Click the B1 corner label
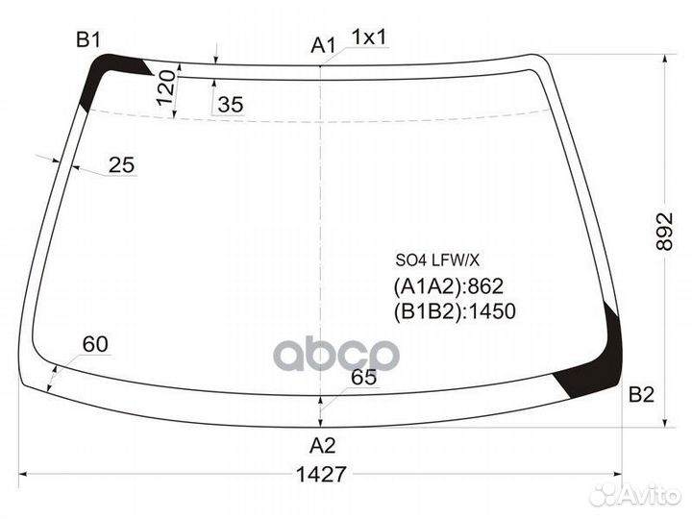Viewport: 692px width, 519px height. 88,39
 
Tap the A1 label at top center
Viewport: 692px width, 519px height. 324,45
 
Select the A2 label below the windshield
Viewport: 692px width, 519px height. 322,446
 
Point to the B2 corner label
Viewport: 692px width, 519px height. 641,394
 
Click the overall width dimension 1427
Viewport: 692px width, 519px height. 321,475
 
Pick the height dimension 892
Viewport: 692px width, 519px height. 664,232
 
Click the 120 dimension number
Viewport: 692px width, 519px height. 166,87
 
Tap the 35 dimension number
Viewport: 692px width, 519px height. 231,105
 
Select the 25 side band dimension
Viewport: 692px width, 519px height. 121,165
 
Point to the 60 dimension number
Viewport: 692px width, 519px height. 95,344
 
